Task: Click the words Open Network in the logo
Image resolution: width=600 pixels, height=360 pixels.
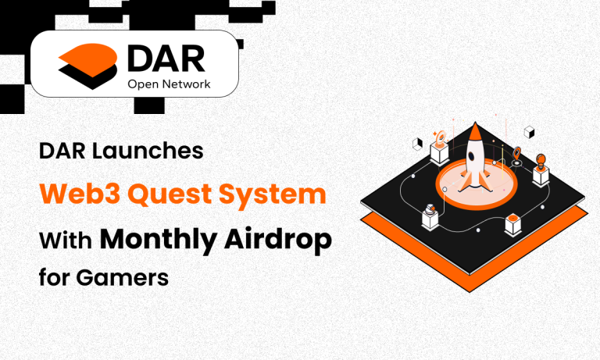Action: [168, 84]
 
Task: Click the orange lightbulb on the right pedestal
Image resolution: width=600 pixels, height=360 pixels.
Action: [540, 161]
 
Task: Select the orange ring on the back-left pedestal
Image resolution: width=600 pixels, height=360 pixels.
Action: [440, 140]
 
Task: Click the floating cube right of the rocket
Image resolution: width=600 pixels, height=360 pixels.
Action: [529, 131]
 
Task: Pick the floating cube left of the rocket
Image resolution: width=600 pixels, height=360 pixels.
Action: [417, 144]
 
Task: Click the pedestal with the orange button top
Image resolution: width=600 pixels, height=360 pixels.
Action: [512, 223]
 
